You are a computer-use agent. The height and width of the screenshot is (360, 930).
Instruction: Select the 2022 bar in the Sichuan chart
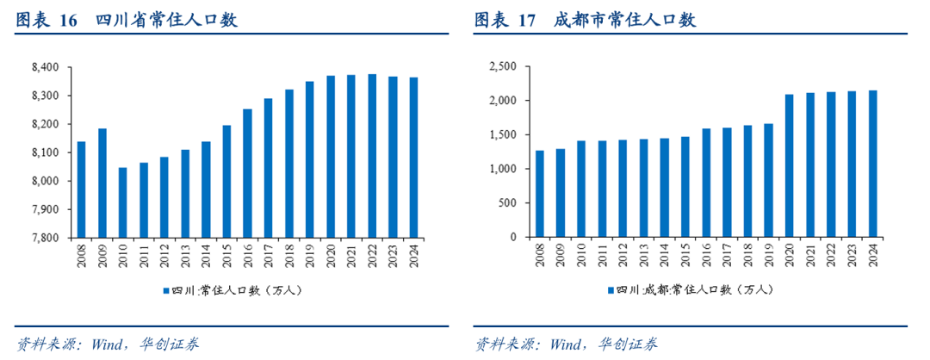(372, 156)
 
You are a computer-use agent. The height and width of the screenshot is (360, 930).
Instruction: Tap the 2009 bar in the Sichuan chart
(102, 183)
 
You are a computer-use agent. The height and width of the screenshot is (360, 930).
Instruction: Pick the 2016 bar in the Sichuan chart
(247, 173)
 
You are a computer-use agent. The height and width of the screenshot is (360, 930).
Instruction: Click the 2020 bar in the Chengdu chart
(789, 165)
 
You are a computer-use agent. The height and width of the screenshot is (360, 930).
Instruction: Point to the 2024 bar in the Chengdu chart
(872, 164)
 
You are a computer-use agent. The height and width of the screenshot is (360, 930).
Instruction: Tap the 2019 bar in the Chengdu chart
(768, 180)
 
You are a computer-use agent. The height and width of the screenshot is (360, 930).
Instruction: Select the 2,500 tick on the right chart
(502, 67)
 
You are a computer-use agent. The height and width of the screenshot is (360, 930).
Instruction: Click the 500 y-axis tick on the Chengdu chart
(507, 203)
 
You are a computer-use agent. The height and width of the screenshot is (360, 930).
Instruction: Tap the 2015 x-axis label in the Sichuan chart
(226, 255)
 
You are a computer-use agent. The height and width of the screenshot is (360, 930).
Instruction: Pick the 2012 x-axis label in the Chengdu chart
(623, 255)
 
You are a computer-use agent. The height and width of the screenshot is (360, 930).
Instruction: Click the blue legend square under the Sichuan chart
(165, 290)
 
